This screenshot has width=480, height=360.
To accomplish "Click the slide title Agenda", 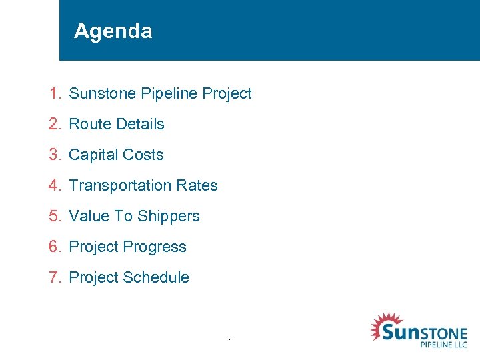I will point(113,31).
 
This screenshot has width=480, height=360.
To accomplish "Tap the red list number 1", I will point(54,93).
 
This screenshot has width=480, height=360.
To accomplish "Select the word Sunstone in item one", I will point(103,93).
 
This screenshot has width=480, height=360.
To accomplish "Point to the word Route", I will point(90,124).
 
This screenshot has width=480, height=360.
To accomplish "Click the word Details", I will point(140,124).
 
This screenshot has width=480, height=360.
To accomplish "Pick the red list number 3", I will point(54,155).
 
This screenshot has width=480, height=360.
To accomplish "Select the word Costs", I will point(143,155).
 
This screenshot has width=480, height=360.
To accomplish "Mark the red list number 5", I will point(54,216).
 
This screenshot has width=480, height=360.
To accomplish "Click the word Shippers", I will point(169,216).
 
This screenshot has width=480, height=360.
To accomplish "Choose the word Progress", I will point(155,247).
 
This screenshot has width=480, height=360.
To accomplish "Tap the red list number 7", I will point(54,277).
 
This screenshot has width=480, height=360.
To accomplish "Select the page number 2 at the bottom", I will point(229,339).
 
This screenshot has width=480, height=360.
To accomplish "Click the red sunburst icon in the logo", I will point(384,327).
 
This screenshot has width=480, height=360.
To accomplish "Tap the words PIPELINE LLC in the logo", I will point(443,344).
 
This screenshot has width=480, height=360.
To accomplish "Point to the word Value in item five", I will point(90,216).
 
